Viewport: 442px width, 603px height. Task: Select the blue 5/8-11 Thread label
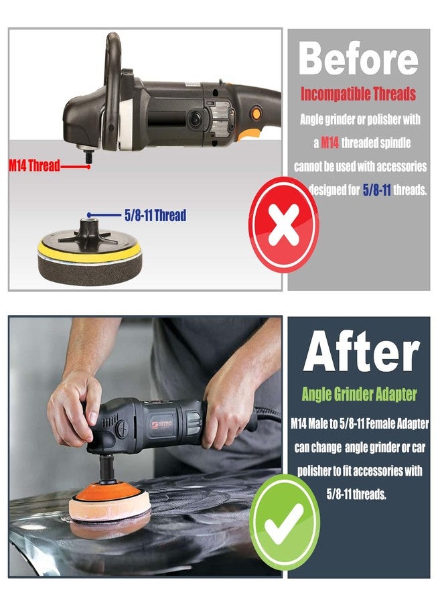pyautogui.click(x=155, y=216)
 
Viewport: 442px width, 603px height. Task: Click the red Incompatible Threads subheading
pyautogui.click(x=358, y=94)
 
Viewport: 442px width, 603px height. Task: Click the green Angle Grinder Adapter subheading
pyautogui.click(x=358, y=394)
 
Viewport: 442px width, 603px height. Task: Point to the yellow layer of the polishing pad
pyautogui.click(x=90, y=251)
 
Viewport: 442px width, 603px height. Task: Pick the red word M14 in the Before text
pyautogui.click(x=329, y=143)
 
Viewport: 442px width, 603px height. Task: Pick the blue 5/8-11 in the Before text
pyautogui.click(x=376, y=190)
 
